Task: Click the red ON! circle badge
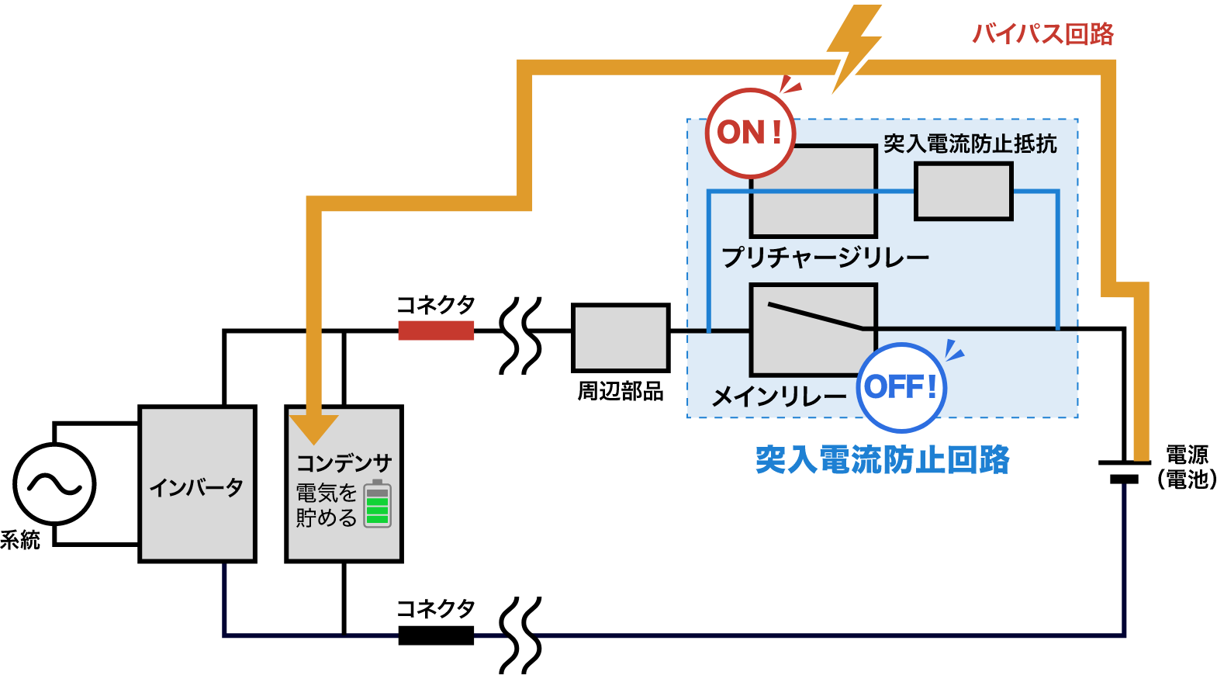point(750,133)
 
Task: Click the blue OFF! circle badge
point(901,387)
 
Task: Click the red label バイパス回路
point(1042,34)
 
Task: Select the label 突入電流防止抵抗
point(970,144)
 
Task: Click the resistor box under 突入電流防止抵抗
point(963,191)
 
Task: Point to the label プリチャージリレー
point(825,257)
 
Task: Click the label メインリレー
point(778,397)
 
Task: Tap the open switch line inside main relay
point(814,316)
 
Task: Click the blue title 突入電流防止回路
point(882,460)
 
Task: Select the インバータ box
point(197,484)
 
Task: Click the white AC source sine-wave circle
point(54,484)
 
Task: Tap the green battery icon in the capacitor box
point(378,504)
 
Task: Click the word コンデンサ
point(344,463)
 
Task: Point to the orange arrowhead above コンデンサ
point(313,427)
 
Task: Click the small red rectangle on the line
point(436,331)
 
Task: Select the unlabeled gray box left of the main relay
point(621,337)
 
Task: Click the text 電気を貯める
point(326,505)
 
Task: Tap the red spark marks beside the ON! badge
point(790,85)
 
